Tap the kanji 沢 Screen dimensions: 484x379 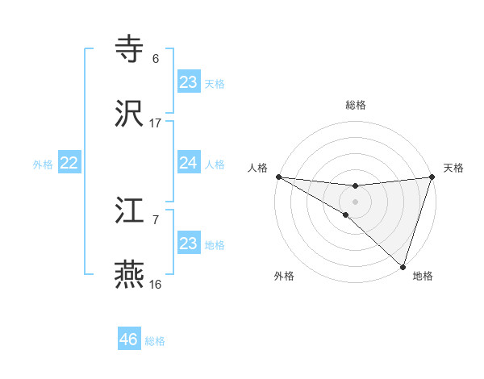point(130,115)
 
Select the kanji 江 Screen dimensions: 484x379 point(130,211)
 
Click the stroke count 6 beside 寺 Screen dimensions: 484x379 point(155,59)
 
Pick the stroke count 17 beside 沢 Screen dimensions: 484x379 point(155,123)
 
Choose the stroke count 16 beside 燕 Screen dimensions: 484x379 point(155,285)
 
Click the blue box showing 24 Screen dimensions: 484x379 point(189,163)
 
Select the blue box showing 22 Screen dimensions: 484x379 point(69,163)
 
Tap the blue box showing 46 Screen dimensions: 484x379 point(129,339)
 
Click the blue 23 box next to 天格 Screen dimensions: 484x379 point(189,82)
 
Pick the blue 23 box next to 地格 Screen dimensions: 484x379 point(189,244)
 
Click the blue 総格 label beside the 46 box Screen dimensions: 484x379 point(155,341)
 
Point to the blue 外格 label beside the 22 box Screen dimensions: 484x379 point(43,165)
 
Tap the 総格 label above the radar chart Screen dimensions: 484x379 point(355,105)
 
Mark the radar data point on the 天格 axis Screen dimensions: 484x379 point(432,177)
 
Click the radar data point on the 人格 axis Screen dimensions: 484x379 point(277,177)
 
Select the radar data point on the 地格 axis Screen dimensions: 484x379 point(403,267)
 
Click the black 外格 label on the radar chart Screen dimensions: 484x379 point(284,276)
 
